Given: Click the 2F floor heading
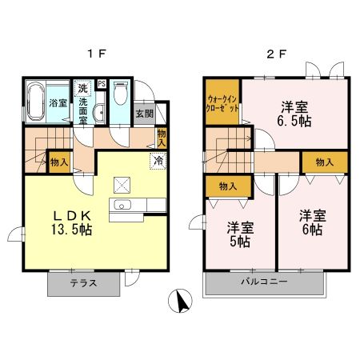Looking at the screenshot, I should pyautogui.click(x=274, y=54).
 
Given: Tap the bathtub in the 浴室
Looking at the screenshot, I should pyautogui.click(x=37, y=102).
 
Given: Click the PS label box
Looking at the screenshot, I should pyautogui.click(x=102, y=83).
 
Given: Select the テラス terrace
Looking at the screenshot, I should pyautogui.click(x=84, y=283).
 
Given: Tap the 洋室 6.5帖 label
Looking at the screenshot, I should pyautogui.click(x=293, y=114).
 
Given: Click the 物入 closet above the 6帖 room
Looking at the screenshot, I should pyautogui.click(x=325, y=162).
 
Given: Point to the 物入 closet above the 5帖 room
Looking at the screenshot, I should pyautogui.click(x=227, y=186).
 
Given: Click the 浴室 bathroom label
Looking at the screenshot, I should pyautogui.click(x=57, y=103).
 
